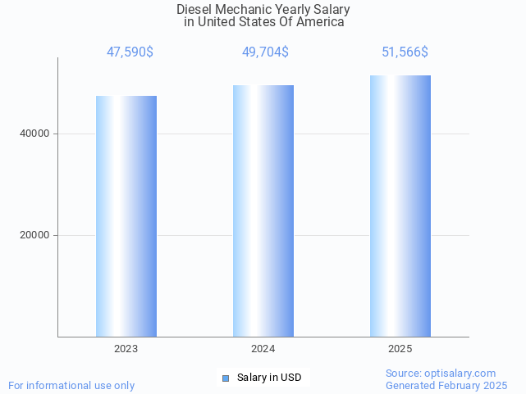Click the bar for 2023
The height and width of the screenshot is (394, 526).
tap(126, 216)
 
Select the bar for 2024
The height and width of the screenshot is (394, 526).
tap(263, 211)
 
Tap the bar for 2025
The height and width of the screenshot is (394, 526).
tap(400, 206)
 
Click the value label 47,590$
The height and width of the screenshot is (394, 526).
tap(130, 52)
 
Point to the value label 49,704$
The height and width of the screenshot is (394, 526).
tap(265, 52)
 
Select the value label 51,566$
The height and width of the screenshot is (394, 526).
tap(405, 52)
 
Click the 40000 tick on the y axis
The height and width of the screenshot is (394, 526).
tap(34, 134)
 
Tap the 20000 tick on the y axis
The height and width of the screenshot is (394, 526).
tap(34, 235)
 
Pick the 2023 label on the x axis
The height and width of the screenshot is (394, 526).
tap(126, 349)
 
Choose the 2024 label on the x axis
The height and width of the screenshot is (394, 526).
tap(263, 349)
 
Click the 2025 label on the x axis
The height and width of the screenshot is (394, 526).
tap(400, 349)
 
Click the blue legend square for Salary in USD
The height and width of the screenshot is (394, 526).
tap(226, 378)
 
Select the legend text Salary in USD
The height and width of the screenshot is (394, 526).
tap(269, 378)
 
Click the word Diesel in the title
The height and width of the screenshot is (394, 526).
tap(194, 10)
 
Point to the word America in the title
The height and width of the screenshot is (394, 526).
tap(321, 22)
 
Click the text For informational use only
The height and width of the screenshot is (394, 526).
tap(71, 385)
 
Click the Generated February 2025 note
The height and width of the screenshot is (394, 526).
tap(446, 385)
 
